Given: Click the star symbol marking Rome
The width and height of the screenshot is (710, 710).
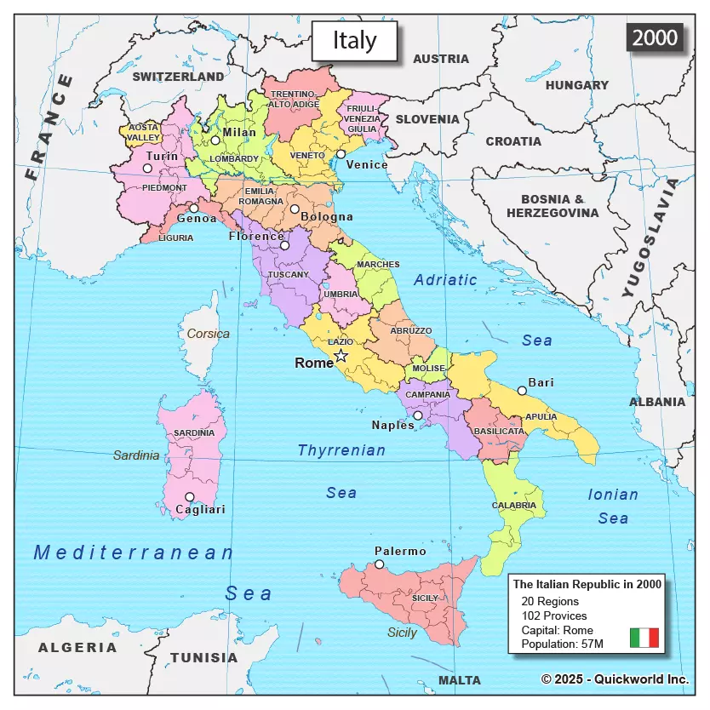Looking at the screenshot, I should (x=341, y=355).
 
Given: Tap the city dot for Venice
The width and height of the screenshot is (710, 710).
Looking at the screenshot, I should (x=341, y=154).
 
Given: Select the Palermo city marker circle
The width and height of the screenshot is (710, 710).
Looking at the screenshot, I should (x=380, y=564).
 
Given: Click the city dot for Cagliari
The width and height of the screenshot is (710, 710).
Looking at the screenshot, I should (x=189, y=497).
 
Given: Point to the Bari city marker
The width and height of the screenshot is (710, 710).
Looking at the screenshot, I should (x=522, y=391).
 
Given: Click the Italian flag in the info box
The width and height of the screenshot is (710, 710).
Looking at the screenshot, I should (x=644, y=638).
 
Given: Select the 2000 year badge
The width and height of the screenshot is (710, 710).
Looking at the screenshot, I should (x=655, y=37).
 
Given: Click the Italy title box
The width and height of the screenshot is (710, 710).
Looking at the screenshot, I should (x=354, y=40).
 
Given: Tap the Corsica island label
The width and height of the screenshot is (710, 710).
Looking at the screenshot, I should (x=209, y=334).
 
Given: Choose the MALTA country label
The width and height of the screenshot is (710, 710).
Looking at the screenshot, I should (x=460, y=680).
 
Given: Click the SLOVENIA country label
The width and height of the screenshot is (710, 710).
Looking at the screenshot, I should (x=427, y=119).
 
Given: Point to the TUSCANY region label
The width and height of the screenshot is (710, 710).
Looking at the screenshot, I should (x=288, y=275).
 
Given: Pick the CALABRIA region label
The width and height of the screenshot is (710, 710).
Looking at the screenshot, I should (x=513, y=505).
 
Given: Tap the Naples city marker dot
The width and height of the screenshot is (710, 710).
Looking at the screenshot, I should (x=417, y=415).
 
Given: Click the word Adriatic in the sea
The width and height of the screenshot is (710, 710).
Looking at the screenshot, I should (x=445, y=279).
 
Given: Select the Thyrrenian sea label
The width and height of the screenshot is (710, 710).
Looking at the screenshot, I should (x=341, y=450).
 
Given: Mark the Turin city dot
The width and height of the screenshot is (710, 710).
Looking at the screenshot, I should (x=147, y=169).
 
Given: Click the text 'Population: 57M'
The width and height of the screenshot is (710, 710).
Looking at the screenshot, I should (x=562, y=644).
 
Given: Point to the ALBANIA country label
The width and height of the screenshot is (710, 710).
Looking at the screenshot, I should (x=656, y=402).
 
